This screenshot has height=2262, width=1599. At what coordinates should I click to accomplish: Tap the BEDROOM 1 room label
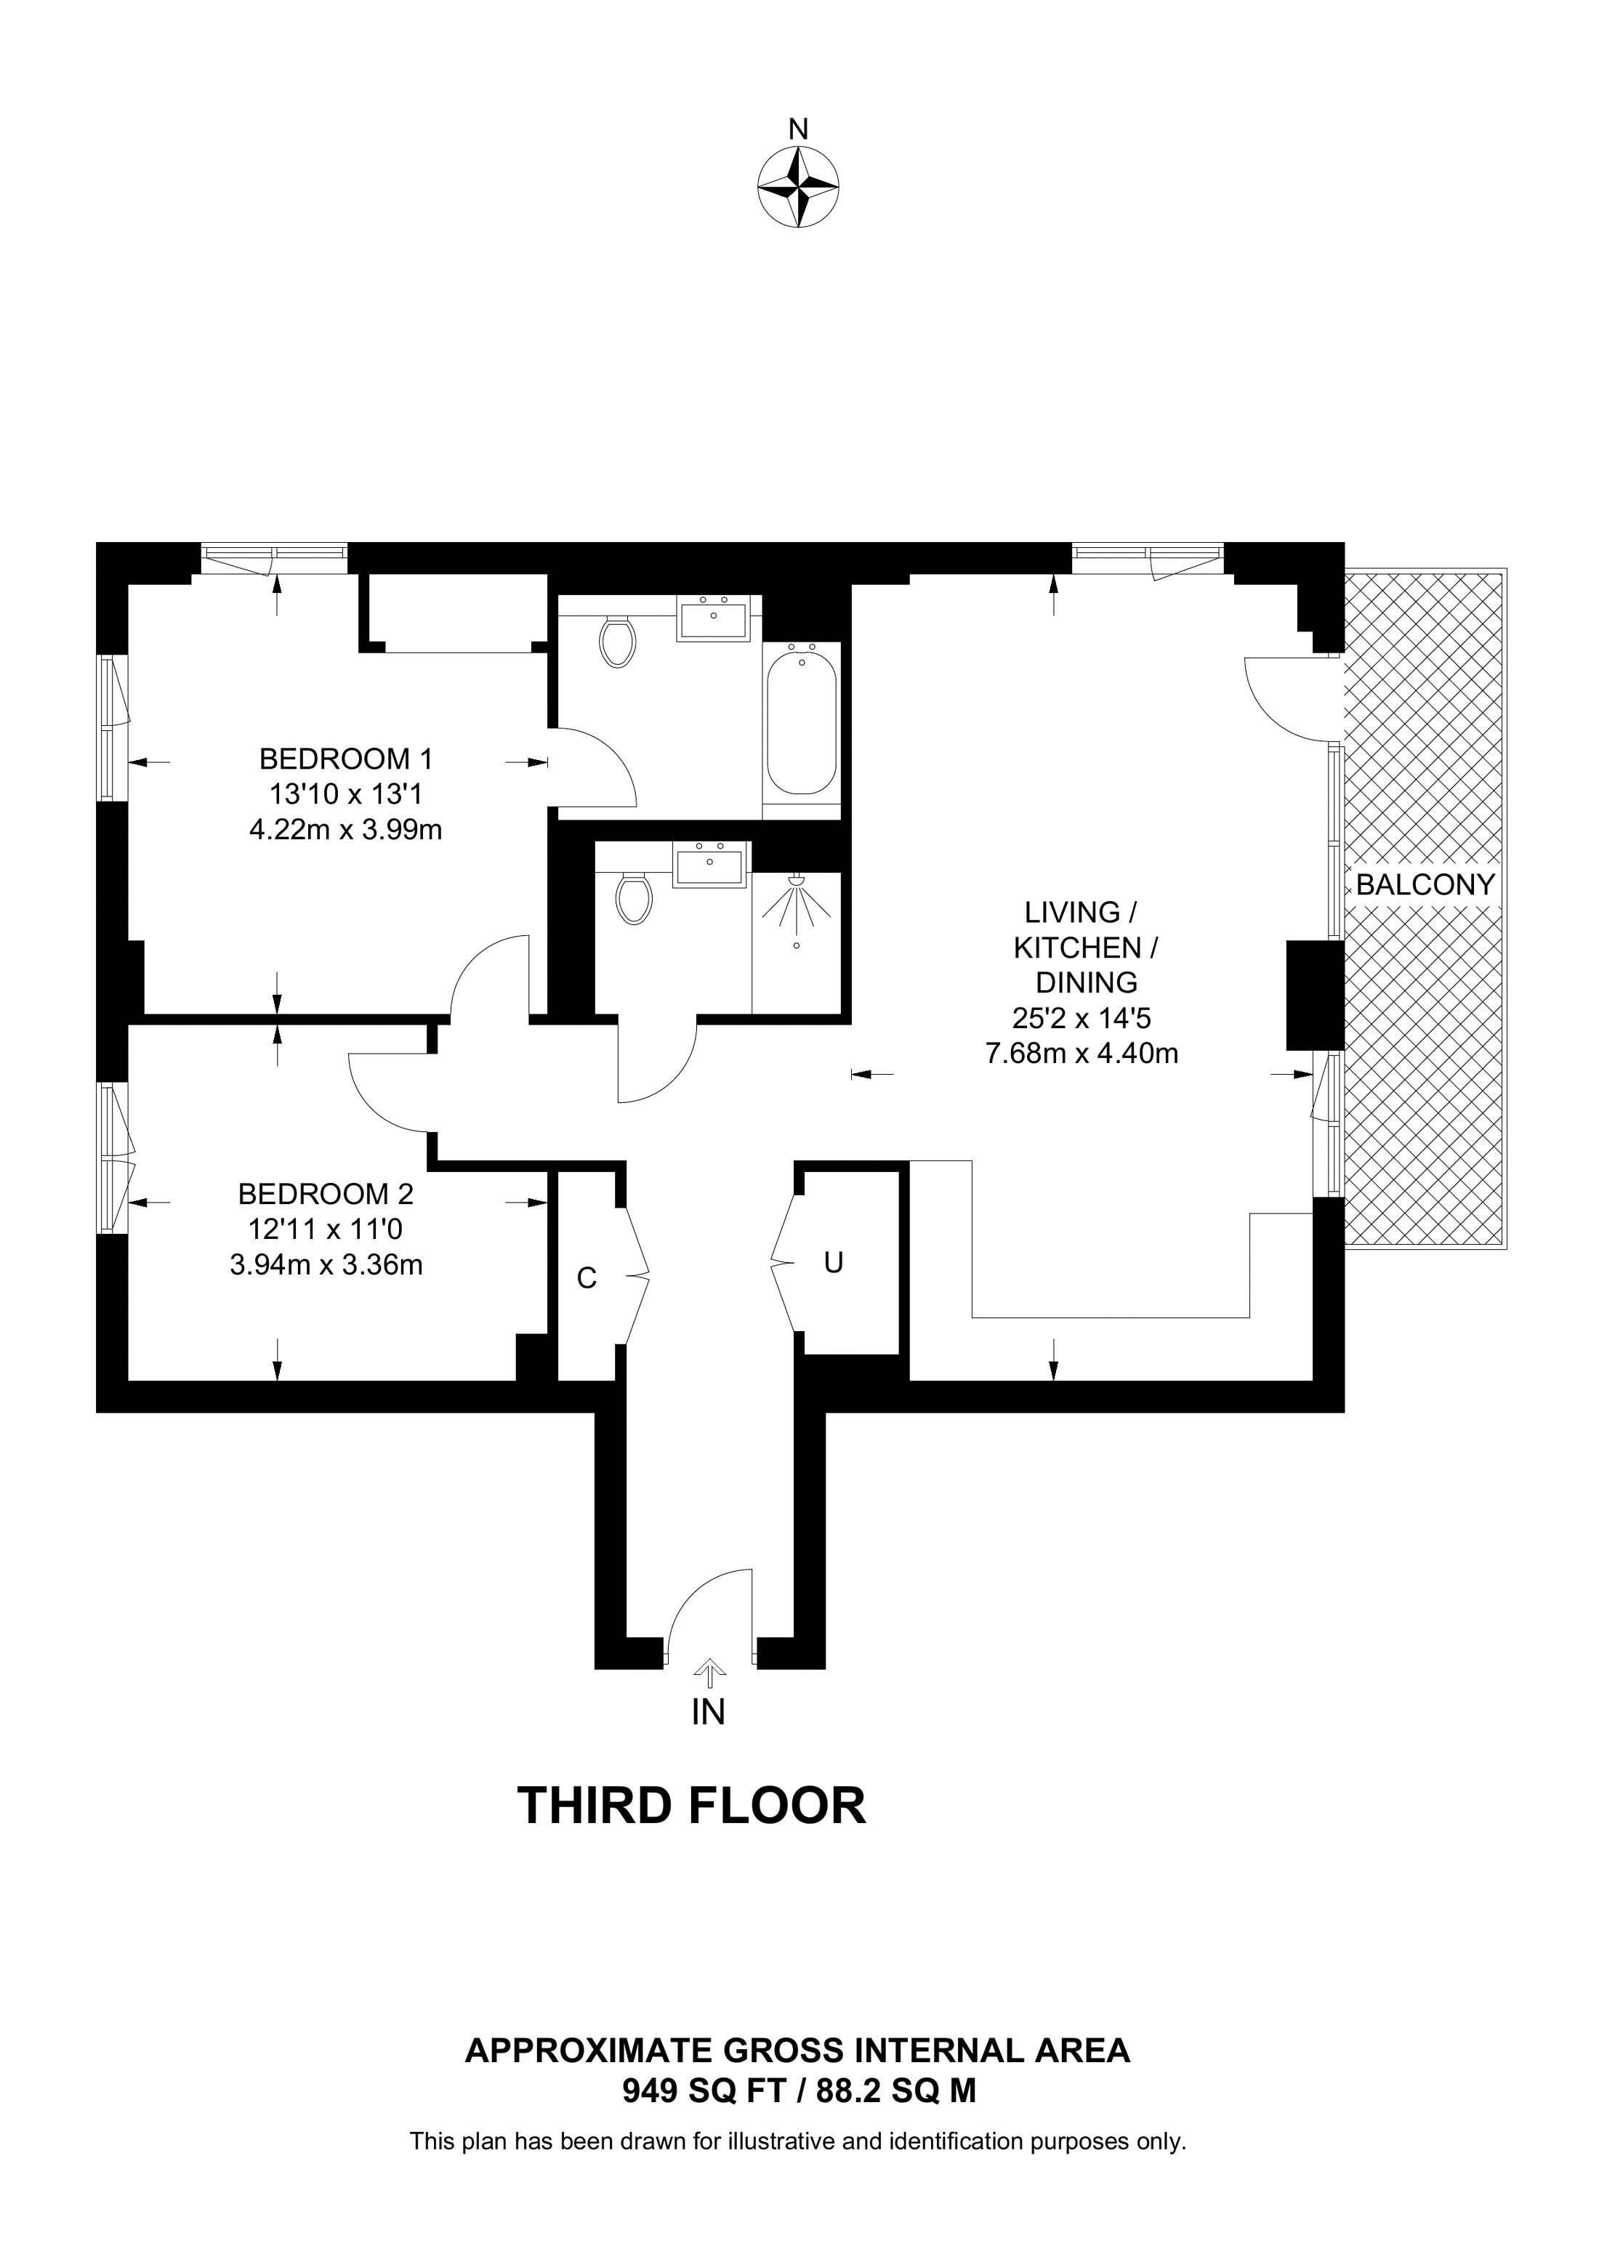[x=346, y=759]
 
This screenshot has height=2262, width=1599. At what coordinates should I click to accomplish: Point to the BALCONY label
[x=1425, y=885]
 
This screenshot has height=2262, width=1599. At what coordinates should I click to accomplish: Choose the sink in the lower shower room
[x=709, y=865]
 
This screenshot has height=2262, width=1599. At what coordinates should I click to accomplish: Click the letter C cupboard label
[x=587, y=1279]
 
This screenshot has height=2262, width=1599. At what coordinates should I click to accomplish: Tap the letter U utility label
[x=834, y=1263]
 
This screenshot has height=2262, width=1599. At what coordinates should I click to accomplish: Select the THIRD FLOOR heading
[x=692, y=1806]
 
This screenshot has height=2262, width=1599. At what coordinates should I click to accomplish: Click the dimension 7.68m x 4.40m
[x=1082, y=1054]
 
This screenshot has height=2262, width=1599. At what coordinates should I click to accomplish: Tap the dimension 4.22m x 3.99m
[x=346, y=830]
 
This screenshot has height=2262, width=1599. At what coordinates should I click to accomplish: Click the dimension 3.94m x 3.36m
[x=326, y=1265]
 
